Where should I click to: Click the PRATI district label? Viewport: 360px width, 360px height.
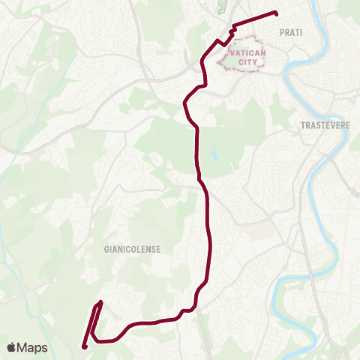pyautogui.click(x=290, y=32)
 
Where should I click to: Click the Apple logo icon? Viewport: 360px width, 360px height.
pyautogui.click(x=11, y=347)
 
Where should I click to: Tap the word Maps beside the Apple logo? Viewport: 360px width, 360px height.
pyautogui.click(x=32, y=347)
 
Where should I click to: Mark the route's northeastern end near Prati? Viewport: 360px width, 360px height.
pyautogui.click(x=276, y=13)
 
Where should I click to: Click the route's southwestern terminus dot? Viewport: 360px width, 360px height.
pyautogui.click(x=85, y=346)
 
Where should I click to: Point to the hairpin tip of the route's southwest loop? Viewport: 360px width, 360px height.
pyautogui.click(x=100, y=304)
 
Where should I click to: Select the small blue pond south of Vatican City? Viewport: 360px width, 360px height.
pyautogui.click(x=214, y=149)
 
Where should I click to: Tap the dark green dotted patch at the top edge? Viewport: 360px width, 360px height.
pyautogui.click(x=221, y=7)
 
